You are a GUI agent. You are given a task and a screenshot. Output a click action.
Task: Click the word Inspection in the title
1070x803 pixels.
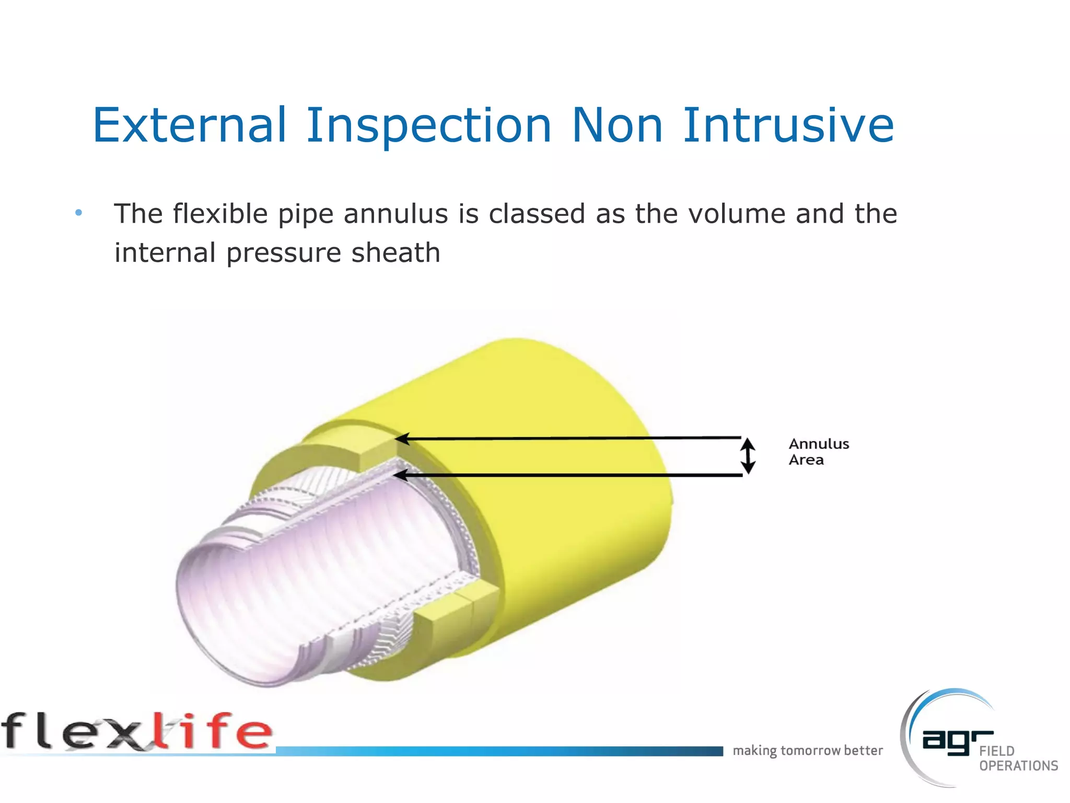pos(428,126)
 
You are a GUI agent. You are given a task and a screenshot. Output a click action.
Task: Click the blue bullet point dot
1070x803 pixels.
pos(78,213)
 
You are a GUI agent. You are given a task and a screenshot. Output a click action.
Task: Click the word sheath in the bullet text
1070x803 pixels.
pos(396,253)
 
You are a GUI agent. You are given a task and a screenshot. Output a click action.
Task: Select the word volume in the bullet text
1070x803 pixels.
pos(737,214)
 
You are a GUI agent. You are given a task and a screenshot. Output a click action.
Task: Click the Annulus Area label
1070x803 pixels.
pos(818,452)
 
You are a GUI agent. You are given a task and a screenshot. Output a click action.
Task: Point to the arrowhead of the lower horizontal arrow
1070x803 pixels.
pos(400,475)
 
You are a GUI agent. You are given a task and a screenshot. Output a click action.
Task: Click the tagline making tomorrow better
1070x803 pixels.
pos(807,751)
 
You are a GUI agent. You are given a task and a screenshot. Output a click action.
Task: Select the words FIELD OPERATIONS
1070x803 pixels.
pos(1018,759)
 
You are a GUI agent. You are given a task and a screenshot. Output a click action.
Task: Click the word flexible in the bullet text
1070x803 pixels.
pos(220,214)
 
